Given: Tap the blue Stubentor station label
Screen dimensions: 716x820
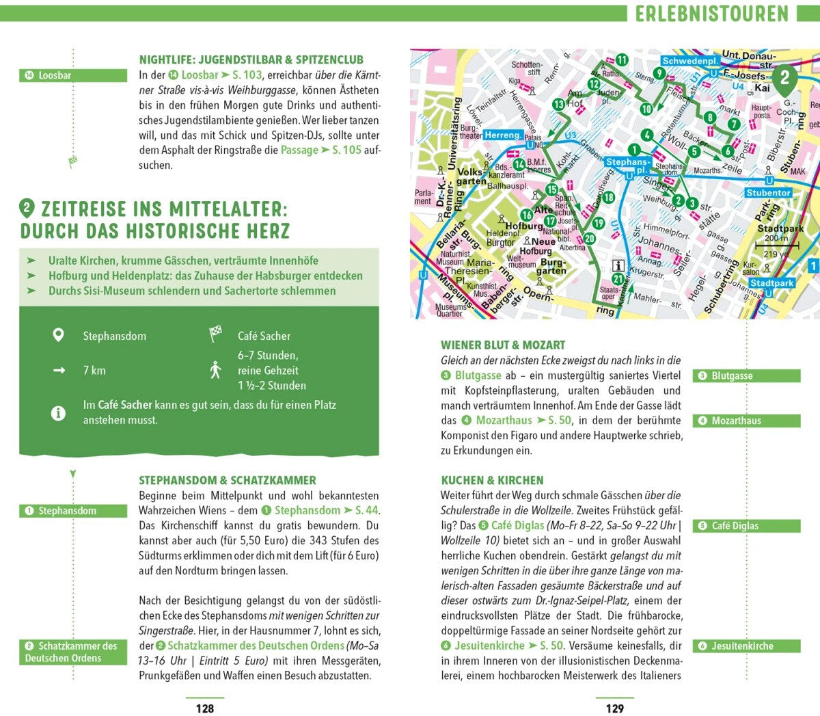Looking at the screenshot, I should pos(768,193).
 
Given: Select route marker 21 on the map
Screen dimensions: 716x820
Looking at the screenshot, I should pos(618,279).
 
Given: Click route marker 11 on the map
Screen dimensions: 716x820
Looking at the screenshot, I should pos(622,60).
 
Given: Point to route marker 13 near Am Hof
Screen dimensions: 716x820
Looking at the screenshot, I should pos(558,104).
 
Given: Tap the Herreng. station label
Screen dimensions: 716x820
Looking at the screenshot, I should pos(502,135).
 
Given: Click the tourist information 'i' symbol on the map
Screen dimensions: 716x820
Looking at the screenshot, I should pos(618,265).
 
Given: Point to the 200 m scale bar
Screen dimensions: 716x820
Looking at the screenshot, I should pos(775,243).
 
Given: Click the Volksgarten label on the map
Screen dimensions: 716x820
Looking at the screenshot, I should pos(471,176).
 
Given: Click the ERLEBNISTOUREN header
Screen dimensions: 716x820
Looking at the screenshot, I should pos(711,13).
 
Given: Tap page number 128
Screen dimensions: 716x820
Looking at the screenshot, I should pos(205,708).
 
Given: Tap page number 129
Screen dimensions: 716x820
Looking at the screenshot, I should pos(615,708).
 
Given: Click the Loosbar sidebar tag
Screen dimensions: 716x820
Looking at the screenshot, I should pos(73,75).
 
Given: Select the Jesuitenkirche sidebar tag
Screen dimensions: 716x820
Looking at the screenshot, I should pos(746,646).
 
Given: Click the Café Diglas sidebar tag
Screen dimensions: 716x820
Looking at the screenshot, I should pos(746,526).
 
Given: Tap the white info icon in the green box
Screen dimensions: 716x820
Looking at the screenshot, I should pos(59,412).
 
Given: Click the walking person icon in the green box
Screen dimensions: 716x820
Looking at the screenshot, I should pos(216,370).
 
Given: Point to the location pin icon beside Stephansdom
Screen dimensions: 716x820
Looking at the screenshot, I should pos(59,335).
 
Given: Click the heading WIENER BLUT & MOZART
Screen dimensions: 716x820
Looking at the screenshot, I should pos(503,345).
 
